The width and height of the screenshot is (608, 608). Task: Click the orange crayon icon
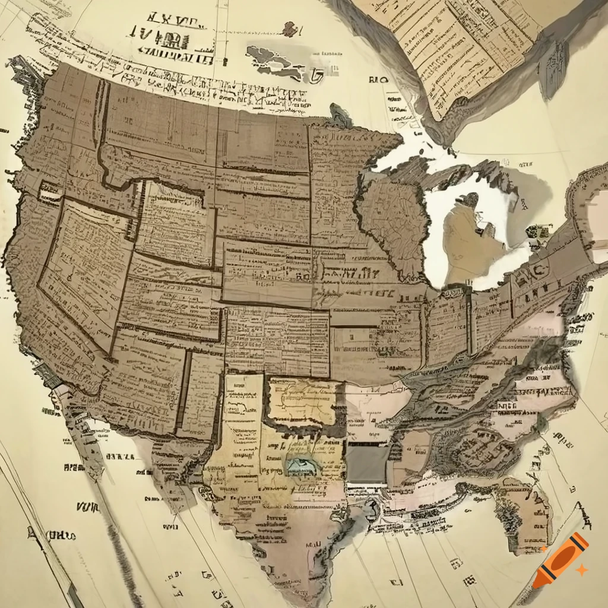pos(560,560)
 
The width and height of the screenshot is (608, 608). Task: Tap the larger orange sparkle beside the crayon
pos(582,570)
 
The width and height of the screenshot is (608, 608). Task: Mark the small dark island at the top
pos(290,28)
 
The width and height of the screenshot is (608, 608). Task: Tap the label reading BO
pos(377,80)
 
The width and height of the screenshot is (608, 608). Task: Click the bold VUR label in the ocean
pos(88,506)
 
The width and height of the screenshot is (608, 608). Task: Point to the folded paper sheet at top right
pos(469,47)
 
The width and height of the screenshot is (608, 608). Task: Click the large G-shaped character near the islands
pos(316,75)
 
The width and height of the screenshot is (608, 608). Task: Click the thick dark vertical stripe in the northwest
pos(102,131)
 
